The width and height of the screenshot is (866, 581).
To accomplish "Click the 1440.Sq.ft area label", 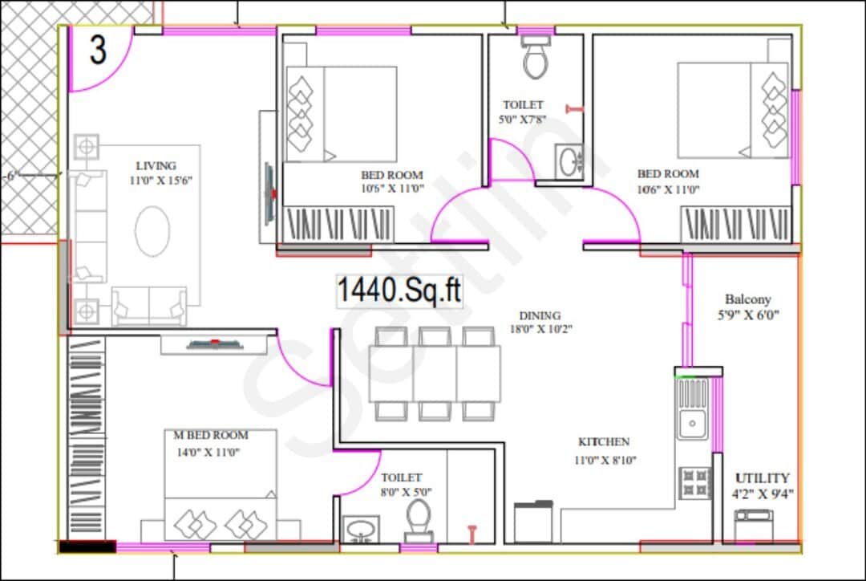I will pyautogui.click(x=399, y=290).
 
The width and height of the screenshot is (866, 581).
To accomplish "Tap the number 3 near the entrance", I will pyautogui.click(x=98, y=51).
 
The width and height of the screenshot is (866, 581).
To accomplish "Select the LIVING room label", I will pyautogui.click(x=156, y=166).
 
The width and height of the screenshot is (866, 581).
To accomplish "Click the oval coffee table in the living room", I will pyautogui.click(x=152, y=231).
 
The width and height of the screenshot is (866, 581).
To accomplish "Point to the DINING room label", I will pyautogui.click(x=540, y=315).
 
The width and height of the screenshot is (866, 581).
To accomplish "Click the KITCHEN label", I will pyautogui.click(x=604, y=442).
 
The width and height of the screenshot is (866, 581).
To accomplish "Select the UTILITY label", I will pyautogui.click(x=763, y=477).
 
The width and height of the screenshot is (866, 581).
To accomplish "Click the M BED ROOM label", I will pyautogui.click(x=211, y=435).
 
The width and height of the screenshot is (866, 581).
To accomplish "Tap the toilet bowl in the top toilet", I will pyautogui.click(x=535, y=60).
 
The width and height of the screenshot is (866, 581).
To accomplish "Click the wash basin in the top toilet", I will pyautogui.click(x=571, y=160).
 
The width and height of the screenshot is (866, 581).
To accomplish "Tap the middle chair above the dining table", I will pyautogui.click(x=434, y=336).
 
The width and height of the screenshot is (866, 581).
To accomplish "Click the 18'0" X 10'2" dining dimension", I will pyautogui.click(x=540, y=329).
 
